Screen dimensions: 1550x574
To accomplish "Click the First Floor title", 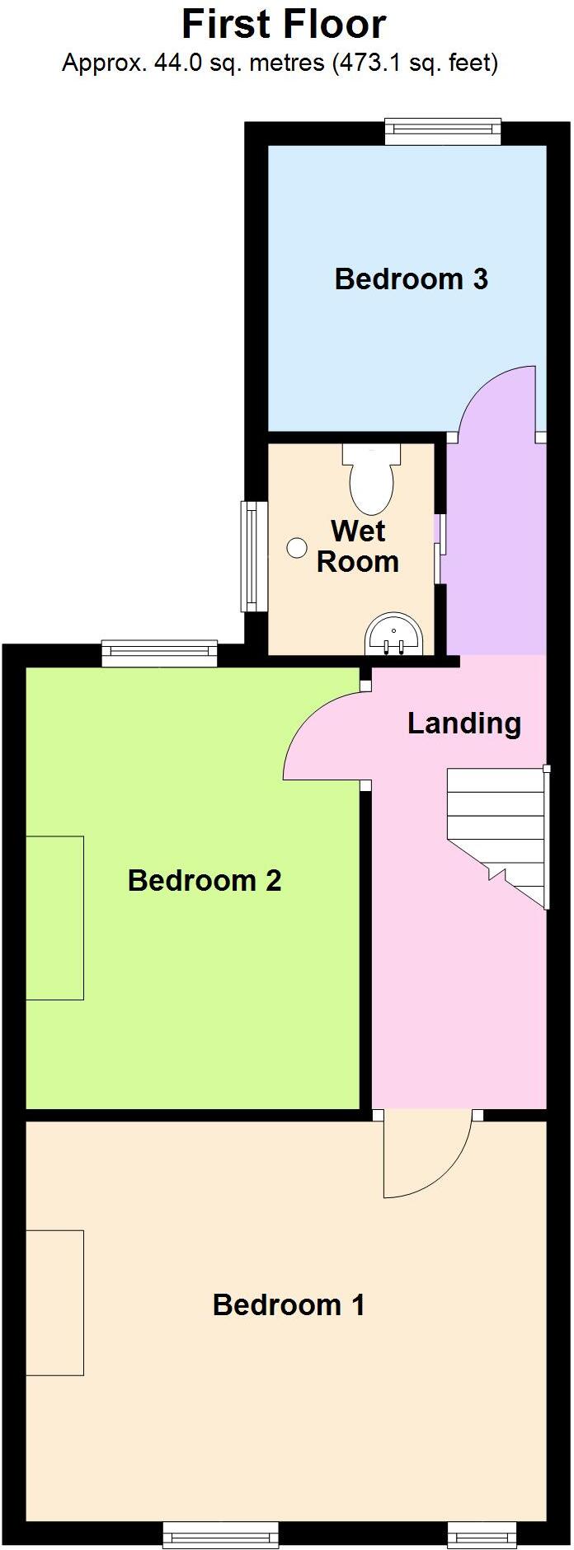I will pyautogui.click(x=284, y=25).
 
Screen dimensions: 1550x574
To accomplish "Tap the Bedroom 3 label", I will pyautogui.click(x=411, y=279).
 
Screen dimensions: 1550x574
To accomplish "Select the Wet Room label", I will pyautogui.click(x=358, y=546).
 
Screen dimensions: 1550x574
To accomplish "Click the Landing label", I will pyautogui.click(x=464, y=723).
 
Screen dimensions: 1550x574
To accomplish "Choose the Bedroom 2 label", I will pyautogui.click(x=205, y=881).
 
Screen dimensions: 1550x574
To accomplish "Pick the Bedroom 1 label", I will pyautogui.click(x=289, y=1304).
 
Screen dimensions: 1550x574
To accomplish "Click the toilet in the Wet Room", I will pyautogui.click(x=371, y=480).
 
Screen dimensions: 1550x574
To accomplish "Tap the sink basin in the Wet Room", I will pyautogui.click(x=393, y=635).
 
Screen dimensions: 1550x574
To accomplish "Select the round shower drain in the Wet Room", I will pyautogui.click(x=296, y=547).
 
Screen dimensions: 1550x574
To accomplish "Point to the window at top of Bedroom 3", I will pyautogui.click(x=443, y=130).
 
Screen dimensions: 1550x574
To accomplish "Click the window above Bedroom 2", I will pyautogui.click(x=159, y=653).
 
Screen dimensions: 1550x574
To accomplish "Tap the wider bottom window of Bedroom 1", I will pyautogui.click(x=220, y=1534).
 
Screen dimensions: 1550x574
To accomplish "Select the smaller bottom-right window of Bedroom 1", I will pyautogui.click(x=482, y=1534).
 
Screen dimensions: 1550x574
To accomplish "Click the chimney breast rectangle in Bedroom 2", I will pyautogui.click(x=54, y=917).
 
